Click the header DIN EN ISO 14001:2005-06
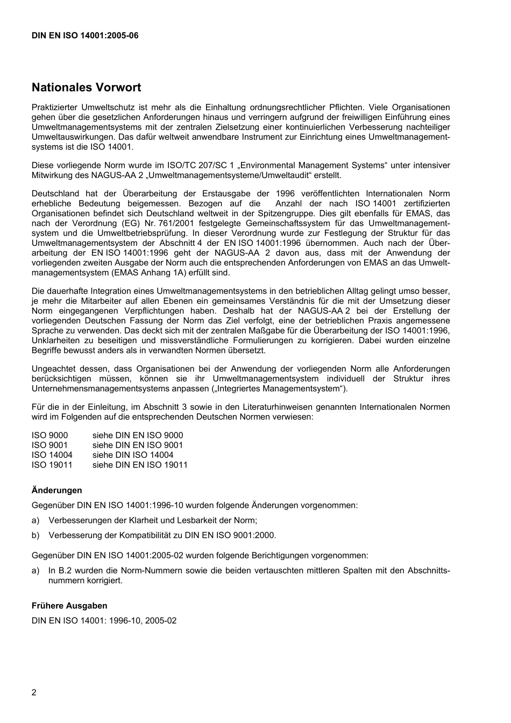click(85, 36)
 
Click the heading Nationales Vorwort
click(86, 87)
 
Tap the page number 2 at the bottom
click(34, 692)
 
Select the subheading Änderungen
click(57, 490)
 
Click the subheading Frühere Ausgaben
click(69, 606)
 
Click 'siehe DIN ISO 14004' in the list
click(133, 455)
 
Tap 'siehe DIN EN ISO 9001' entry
click(138, 445)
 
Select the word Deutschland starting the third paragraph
click(55, 194)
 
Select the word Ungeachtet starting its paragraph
click(54, 369)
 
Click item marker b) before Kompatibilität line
click(36, 535)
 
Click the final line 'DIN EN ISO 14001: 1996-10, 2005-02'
click(104, 620)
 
